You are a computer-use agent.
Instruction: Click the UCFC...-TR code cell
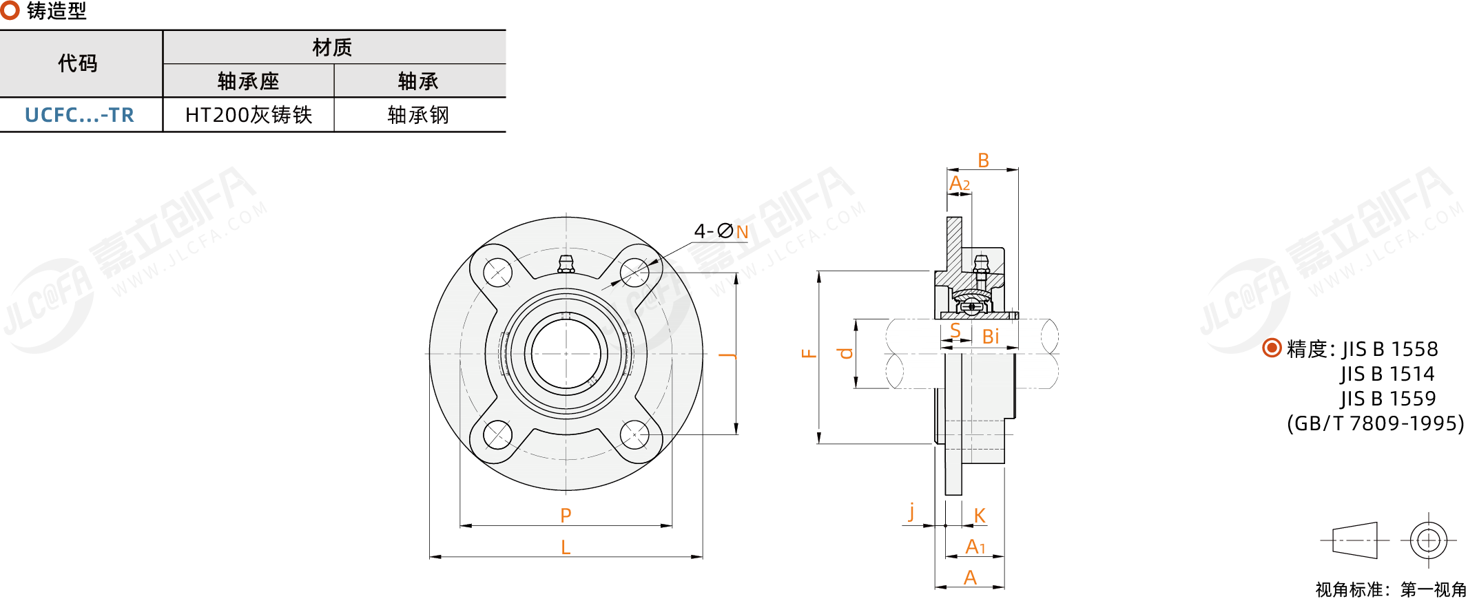tap(80, 115)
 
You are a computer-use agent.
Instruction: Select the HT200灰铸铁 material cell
tap(249, 115)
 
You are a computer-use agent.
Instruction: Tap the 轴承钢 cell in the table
tap(419, 115)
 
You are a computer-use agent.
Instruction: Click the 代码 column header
tap(78, 63)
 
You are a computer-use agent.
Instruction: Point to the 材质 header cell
tap(333, 48)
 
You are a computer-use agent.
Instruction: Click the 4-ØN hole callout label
tap(721, 231)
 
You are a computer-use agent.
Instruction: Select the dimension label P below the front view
tap(566, 515)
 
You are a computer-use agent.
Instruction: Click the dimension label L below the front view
tap(566, 547)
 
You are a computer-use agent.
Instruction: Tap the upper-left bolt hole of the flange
tap(497, 273)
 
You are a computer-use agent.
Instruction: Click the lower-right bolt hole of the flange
tap(634, 435)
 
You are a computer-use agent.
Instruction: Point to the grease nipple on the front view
tap(566, 264)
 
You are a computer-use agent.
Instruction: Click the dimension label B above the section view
tap(984, 160)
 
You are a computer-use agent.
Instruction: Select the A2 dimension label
tap(960, 184)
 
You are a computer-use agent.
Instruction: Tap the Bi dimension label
tap(991, 337)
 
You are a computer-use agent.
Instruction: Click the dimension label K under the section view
tap(980, 516)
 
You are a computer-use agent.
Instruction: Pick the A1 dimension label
tap(975, 547)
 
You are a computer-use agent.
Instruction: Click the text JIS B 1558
tap(1389, 349)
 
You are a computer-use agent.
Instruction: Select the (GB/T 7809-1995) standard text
tap(1376, 423)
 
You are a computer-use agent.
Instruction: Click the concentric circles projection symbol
tap(1429, 540)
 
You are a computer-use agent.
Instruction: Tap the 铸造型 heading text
tap(56, 11)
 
